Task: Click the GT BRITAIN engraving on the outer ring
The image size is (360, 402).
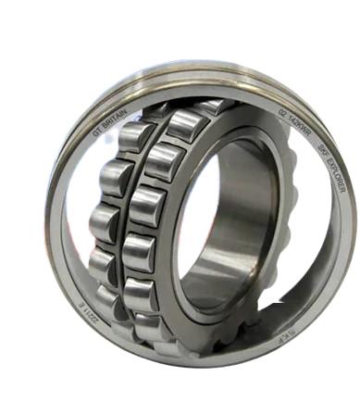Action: pyautogui.click(x=109, y=123)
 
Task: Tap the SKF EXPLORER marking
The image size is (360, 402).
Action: pyautogui.click(x=330, y=167)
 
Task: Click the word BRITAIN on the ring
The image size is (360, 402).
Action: pyautogui.click(x=116, y=117)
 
